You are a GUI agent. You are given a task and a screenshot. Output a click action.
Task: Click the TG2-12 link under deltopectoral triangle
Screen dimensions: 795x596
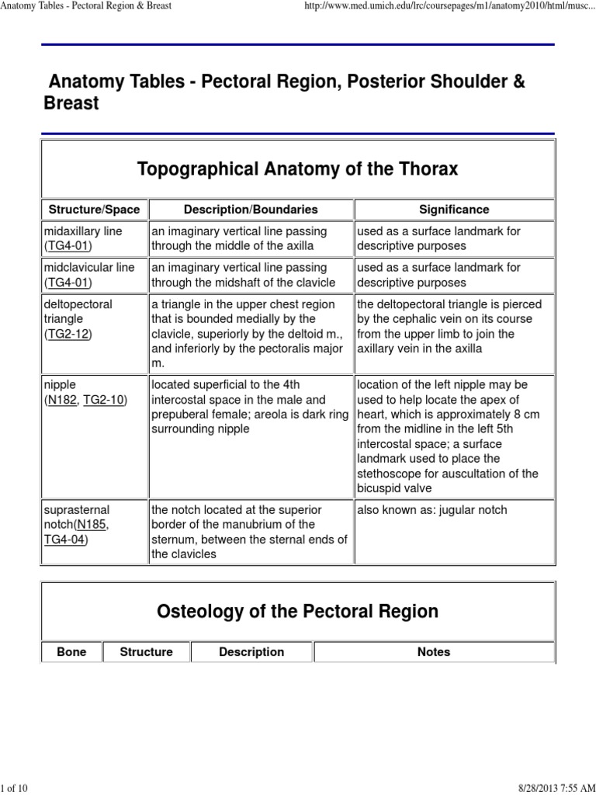68,333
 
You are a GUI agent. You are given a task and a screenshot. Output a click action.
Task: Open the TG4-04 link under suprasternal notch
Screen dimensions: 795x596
65,540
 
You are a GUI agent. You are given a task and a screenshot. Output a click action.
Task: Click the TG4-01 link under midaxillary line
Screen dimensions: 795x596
68,246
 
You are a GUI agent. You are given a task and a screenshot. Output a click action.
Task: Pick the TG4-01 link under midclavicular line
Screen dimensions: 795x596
68,282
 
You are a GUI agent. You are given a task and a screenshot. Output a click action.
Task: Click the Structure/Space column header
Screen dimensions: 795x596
95,210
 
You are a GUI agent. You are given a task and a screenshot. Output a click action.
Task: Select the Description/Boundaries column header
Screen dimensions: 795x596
251,210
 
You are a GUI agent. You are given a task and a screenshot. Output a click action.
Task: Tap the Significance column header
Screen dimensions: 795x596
454,210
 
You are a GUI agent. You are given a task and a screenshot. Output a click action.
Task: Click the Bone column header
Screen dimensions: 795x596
71,652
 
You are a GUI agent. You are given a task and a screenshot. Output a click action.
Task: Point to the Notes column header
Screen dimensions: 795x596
433,652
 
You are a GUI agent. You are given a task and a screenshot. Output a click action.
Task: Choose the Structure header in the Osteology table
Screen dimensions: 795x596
146,652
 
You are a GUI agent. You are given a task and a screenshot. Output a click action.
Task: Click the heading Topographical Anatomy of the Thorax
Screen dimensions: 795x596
297,168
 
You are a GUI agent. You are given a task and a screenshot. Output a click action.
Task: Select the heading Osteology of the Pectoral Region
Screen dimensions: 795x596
297,612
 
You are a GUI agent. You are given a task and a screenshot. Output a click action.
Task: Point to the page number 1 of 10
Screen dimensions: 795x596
15,789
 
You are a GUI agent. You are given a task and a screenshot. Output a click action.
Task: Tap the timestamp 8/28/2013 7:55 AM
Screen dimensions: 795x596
553,789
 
